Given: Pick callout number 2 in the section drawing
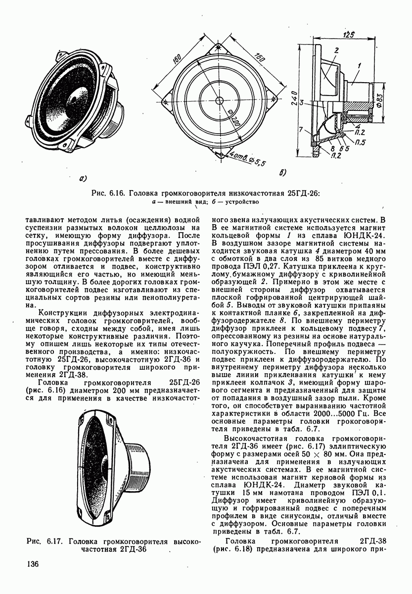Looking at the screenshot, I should (335, 50).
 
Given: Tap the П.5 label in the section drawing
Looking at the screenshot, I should (360, 142).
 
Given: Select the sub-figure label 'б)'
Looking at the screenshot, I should (283, 173).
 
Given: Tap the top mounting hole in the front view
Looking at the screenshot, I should (218, 48).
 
